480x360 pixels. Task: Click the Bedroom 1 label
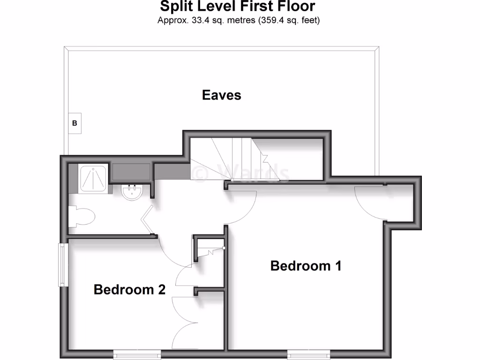pyautogui.click(x=306, y=266)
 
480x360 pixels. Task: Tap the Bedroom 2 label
pyautogui.click(x=129, y=289)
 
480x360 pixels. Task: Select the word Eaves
pyautogui.click(x=221, y=95)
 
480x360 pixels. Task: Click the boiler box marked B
pyautogui.click(x=75, y=124)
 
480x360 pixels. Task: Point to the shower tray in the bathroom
pyautogui.click(x=95, y=178)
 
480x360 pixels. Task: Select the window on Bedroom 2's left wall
pyautogui.click(x=61, y=264)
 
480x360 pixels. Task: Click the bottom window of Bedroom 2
pyautogui.click(x=134, y=355)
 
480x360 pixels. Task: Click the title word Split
pyautogui.click(x=175, y=7)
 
